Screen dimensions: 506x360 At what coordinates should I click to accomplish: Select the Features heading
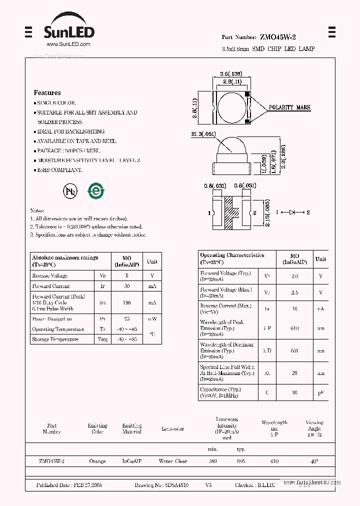pyautogui.click(x=47, y=92)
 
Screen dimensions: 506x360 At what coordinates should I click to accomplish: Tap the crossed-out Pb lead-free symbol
pyautogui.click(x=70, y=190)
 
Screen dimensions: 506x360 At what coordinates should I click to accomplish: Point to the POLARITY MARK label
pyautogui.click(x=289, y=107)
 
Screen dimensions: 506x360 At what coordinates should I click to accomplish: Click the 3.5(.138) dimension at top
pyautogui.click(x=231, y=73)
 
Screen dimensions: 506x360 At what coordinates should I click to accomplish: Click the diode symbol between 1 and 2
pyautogui.click(x=291, y=212)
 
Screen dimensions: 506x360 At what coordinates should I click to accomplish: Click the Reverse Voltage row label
pyautogui.click(x=50, y=275)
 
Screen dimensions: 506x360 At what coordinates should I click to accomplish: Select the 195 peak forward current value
pyautogui.click(x=126, y=302)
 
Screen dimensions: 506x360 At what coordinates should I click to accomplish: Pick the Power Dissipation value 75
pyautogui.click(x=126, y=319)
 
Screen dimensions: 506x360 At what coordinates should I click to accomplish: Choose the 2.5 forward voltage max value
pyautogui.click(x=294, y=292)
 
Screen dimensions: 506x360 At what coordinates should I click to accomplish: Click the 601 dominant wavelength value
pyautogui.click(x=294, y=350)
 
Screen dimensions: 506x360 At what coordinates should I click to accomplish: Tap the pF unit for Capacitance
pyautogui.click(x=320, y=392)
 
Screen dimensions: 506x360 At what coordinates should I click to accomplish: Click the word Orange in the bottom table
pyautogui.click(x=97, y=461)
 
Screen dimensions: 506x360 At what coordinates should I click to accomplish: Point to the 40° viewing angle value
pyautogui.click(x=314, y=461)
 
